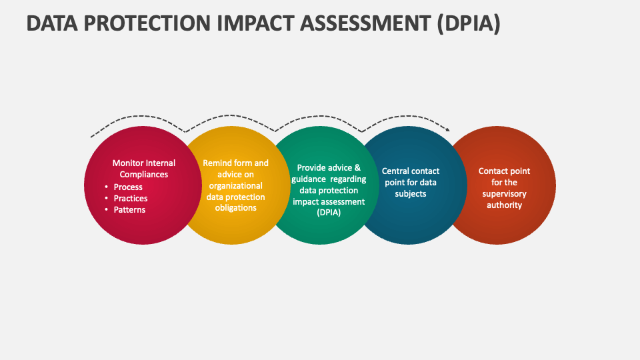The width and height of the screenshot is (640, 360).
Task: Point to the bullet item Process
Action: tap(128, 187)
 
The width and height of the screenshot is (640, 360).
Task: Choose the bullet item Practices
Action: tap(131, 199)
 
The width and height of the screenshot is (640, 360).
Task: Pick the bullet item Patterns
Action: tap(129, 210)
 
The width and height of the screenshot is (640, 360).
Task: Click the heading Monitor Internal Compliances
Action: tap(144, 169)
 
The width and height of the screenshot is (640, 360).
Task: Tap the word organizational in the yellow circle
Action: tap(235, 186)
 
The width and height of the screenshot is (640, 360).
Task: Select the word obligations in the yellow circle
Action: tap(236, 208)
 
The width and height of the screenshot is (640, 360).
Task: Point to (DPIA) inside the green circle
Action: tap(329, 213)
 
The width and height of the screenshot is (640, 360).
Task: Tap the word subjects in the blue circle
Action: tap(410, 194)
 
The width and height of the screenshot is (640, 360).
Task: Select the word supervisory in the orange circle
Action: tap(505, 194)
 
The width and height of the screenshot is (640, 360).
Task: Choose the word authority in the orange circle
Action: tap(505, 205)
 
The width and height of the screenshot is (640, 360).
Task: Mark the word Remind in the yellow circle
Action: tap(217, 163)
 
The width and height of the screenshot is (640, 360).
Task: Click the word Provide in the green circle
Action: tap(312, 168)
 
